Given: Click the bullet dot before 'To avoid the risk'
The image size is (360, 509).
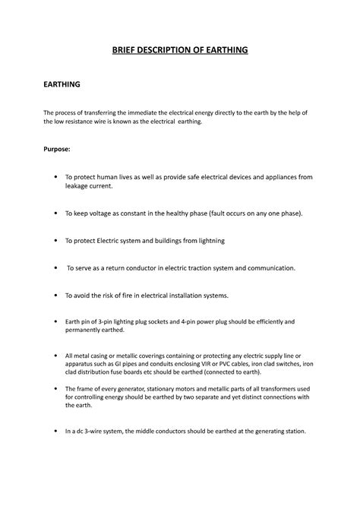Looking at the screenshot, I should coord(57,295).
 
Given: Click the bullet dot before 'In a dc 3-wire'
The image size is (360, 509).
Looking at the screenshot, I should coord(57,432).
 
